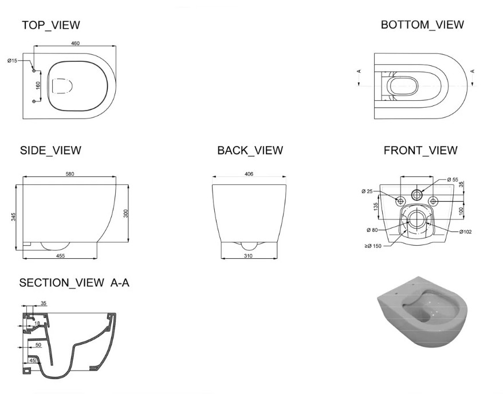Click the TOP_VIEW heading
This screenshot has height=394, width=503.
pyautogui.click(x=50, y=25)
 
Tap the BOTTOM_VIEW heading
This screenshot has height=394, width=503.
pyautogui.click(x=422, y=25)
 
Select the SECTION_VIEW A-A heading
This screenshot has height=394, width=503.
pyautogui.click(x=74, y=283)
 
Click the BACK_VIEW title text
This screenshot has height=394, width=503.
pyautogui.click(x=250, y=151)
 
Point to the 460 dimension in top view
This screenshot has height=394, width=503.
pyautogui.click(x=75, y=44)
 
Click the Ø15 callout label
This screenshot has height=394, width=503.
pyautogui.click(x=13, y=61)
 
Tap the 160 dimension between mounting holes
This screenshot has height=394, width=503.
pyautogui.click(x=38, y=85)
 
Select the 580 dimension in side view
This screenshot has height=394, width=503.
pyautogui.click(x=70, y=174)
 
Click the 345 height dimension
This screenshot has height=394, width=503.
pyautogui.click(x=13, y=217)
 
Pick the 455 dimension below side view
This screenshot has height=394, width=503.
pyautogui.click(x=60, y=255)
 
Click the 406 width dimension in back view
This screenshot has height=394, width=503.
pyautogui.click(x=249, y=174)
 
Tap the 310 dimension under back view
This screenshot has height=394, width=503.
pyautogui.click(x=248, y=256)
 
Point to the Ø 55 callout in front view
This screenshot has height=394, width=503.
pyautogui.click(x=453, y=180)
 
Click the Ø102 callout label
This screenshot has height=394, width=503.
pyautogui.click(x=465, y=232)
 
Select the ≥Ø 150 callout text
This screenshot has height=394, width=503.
pyautogui.click(x=373, y=246)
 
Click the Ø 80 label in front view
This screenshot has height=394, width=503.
pyautogui.click(x=372, y=230)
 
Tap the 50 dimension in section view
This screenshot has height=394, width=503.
pyautogui.click(x=38, y=345)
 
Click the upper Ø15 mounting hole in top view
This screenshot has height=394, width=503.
pyautogui.click(x=34, y=70)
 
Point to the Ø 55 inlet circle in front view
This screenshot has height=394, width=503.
pyautogui.click(x=416, y=194)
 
